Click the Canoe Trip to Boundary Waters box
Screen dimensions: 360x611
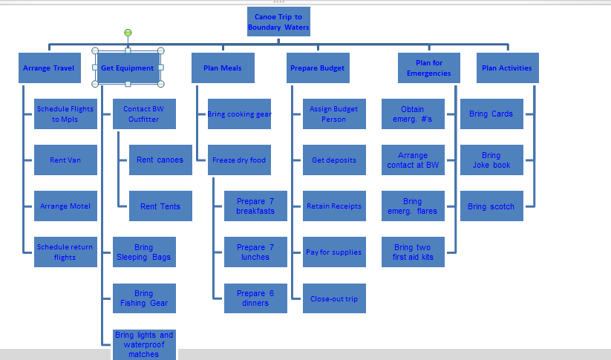coord(278,22)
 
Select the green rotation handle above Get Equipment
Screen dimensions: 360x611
coord(128,33)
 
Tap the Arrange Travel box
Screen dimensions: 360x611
coord(49,68)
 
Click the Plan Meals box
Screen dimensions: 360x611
coord(223,68)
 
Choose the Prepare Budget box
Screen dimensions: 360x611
coord(318,68)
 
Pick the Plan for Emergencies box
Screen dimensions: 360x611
coord(429,68)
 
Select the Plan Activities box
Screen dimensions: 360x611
coord(507,68)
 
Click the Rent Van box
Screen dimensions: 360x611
coord(65,160)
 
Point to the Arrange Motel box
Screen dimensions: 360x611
coord(65,206)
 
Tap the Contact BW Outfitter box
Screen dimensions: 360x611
coord(144,114)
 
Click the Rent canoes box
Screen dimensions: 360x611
coord(160,160)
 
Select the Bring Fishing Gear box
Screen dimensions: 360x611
coord(144,298)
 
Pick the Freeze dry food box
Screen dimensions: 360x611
coord(239,160)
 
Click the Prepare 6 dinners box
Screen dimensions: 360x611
coord(255,298)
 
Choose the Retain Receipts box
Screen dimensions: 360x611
coord(334,206)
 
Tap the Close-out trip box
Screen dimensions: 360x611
coord(334,298)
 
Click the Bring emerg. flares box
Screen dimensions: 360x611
coord(413,206)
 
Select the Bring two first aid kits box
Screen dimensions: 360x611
coord(413,252)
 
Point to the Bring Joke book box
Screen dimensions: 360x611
coord(491,160)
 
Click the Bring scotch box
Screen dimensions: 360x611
coord(491,206)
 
